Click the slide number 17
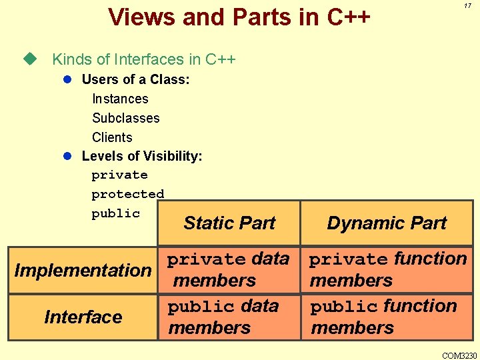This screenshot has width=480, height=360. (468, 5)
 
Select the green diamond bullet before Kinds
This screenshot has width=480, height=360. (28, 59)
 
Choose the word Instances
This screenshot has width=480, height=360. (120, 99)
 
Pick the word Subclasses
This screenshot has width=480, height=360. (125, 118)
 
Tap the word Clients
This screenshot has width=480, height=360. (112, 137)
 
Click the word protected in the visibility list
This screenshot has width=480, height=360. (127, 194)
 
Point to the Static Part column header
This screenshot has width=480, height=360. (229, 223)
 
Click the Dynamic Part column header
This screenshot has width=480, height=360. (387, 223)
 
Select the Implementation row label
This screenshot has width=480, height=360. (83, 270)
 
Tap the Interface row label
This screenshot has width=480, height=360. (83, 317)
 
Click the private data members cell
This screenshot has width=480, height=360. (228, 269)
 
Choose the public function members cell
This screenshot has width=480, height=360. (383, 317)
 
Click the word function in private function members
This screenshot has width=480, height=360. (430, 258)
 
